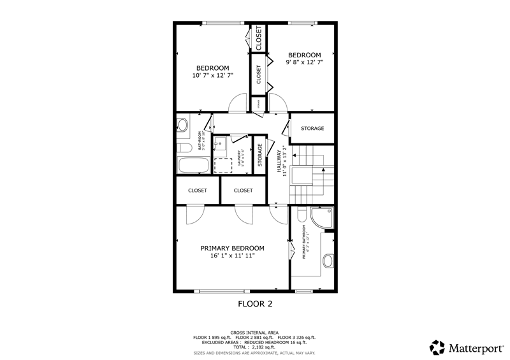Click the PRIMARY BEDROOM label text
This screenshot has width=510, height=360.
232,248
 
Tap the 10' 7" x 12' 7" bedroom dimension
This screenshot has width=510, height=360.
212,75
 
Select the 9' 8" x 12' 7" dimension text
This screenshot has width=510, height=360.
303,62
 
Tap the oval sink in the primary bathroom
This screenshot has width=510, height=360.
328,261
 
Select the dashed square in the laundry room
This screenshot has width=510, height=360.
222,165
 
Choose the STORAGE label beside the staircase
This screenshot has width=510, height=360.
312,129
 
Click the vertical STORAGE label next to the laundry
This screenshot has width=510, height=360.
260,155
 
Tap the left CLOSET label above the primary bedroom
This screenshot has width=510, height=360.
198,191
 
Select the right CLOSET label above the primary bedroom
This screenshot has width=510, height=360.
243,191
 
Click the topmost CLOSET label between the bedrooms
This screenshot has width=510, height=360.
259,38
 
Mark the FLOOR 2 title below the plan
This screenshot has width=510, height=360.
255,304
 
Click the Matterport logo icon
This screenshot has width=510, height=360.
437,348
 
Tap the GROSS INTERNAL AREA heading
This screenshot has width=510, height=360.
255,332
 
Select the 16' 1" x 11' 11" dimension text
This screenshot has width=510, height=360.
232,256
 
